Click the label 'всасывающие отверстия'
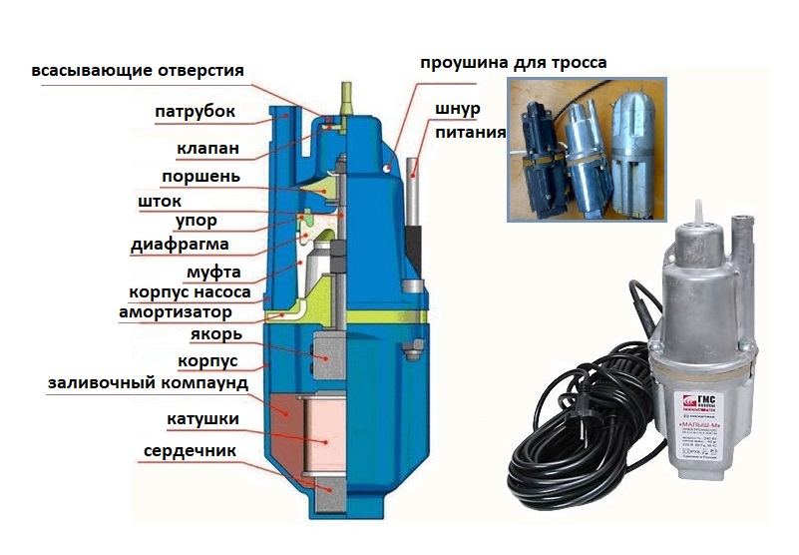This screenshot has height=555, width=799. (x=138, y=71)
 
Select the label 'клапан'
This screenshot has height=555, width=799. (x=207, y=149)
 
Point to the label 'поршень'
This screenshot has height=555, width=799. (x=200, y=177)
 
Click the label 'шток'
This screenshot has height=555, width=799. (x=159, y=202)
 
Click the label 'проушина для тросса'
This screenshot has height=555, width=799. (x=514, y=64)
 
